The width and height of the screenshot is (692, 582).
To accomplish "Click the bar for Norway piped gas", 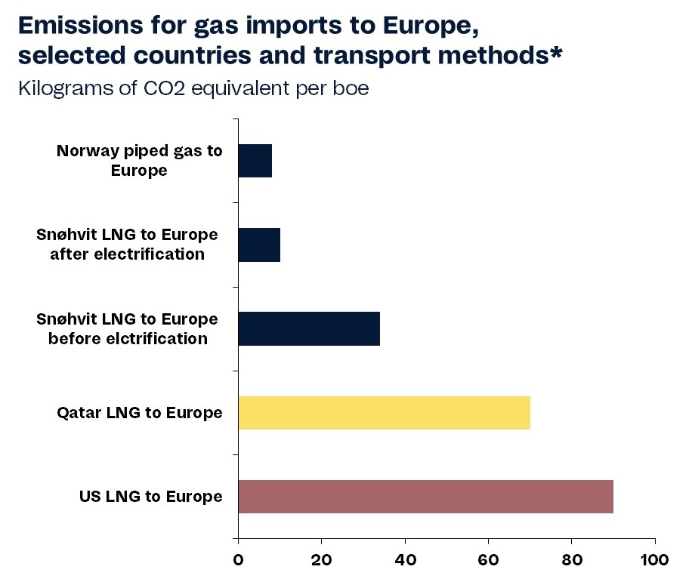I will click(255, 160).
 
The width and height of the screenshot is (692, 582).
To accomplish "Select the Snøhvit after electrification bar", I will click(259, 245).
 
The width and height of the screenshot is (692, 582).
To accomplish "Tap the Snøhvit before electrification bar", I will click(309, 328).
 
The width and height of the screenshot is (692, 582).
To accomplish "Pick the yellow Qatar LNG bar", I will click(384, 412).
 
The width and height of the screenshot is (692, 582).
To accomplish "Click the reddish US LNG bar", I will click(425, 497).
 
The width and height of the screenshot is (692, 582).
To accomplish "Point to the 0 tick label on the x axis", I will click(238, 561).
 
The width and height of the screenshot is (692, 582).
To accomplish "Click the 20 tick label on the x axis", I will click(321, 561).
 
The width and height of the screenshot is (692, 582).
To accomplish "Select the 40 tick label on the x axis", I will click(405, 561).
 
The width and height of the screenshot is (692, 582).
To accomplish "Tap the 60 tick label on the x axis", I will click(488, 561).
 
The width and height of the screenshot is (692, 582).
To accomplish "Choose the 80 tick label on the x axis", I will click(572, 561).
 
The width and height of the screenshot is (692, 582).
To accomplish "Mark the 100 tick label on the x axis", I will click(654, 561).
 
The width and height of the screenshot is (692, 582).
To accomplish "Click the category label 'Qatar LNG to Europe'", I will click(140, 413).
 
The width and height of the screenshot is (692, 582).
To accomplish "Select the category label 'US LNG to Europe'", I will click(151, 497).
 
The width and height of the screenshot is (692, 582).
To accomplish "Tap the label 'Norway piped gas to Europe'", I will click(140, 160).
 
